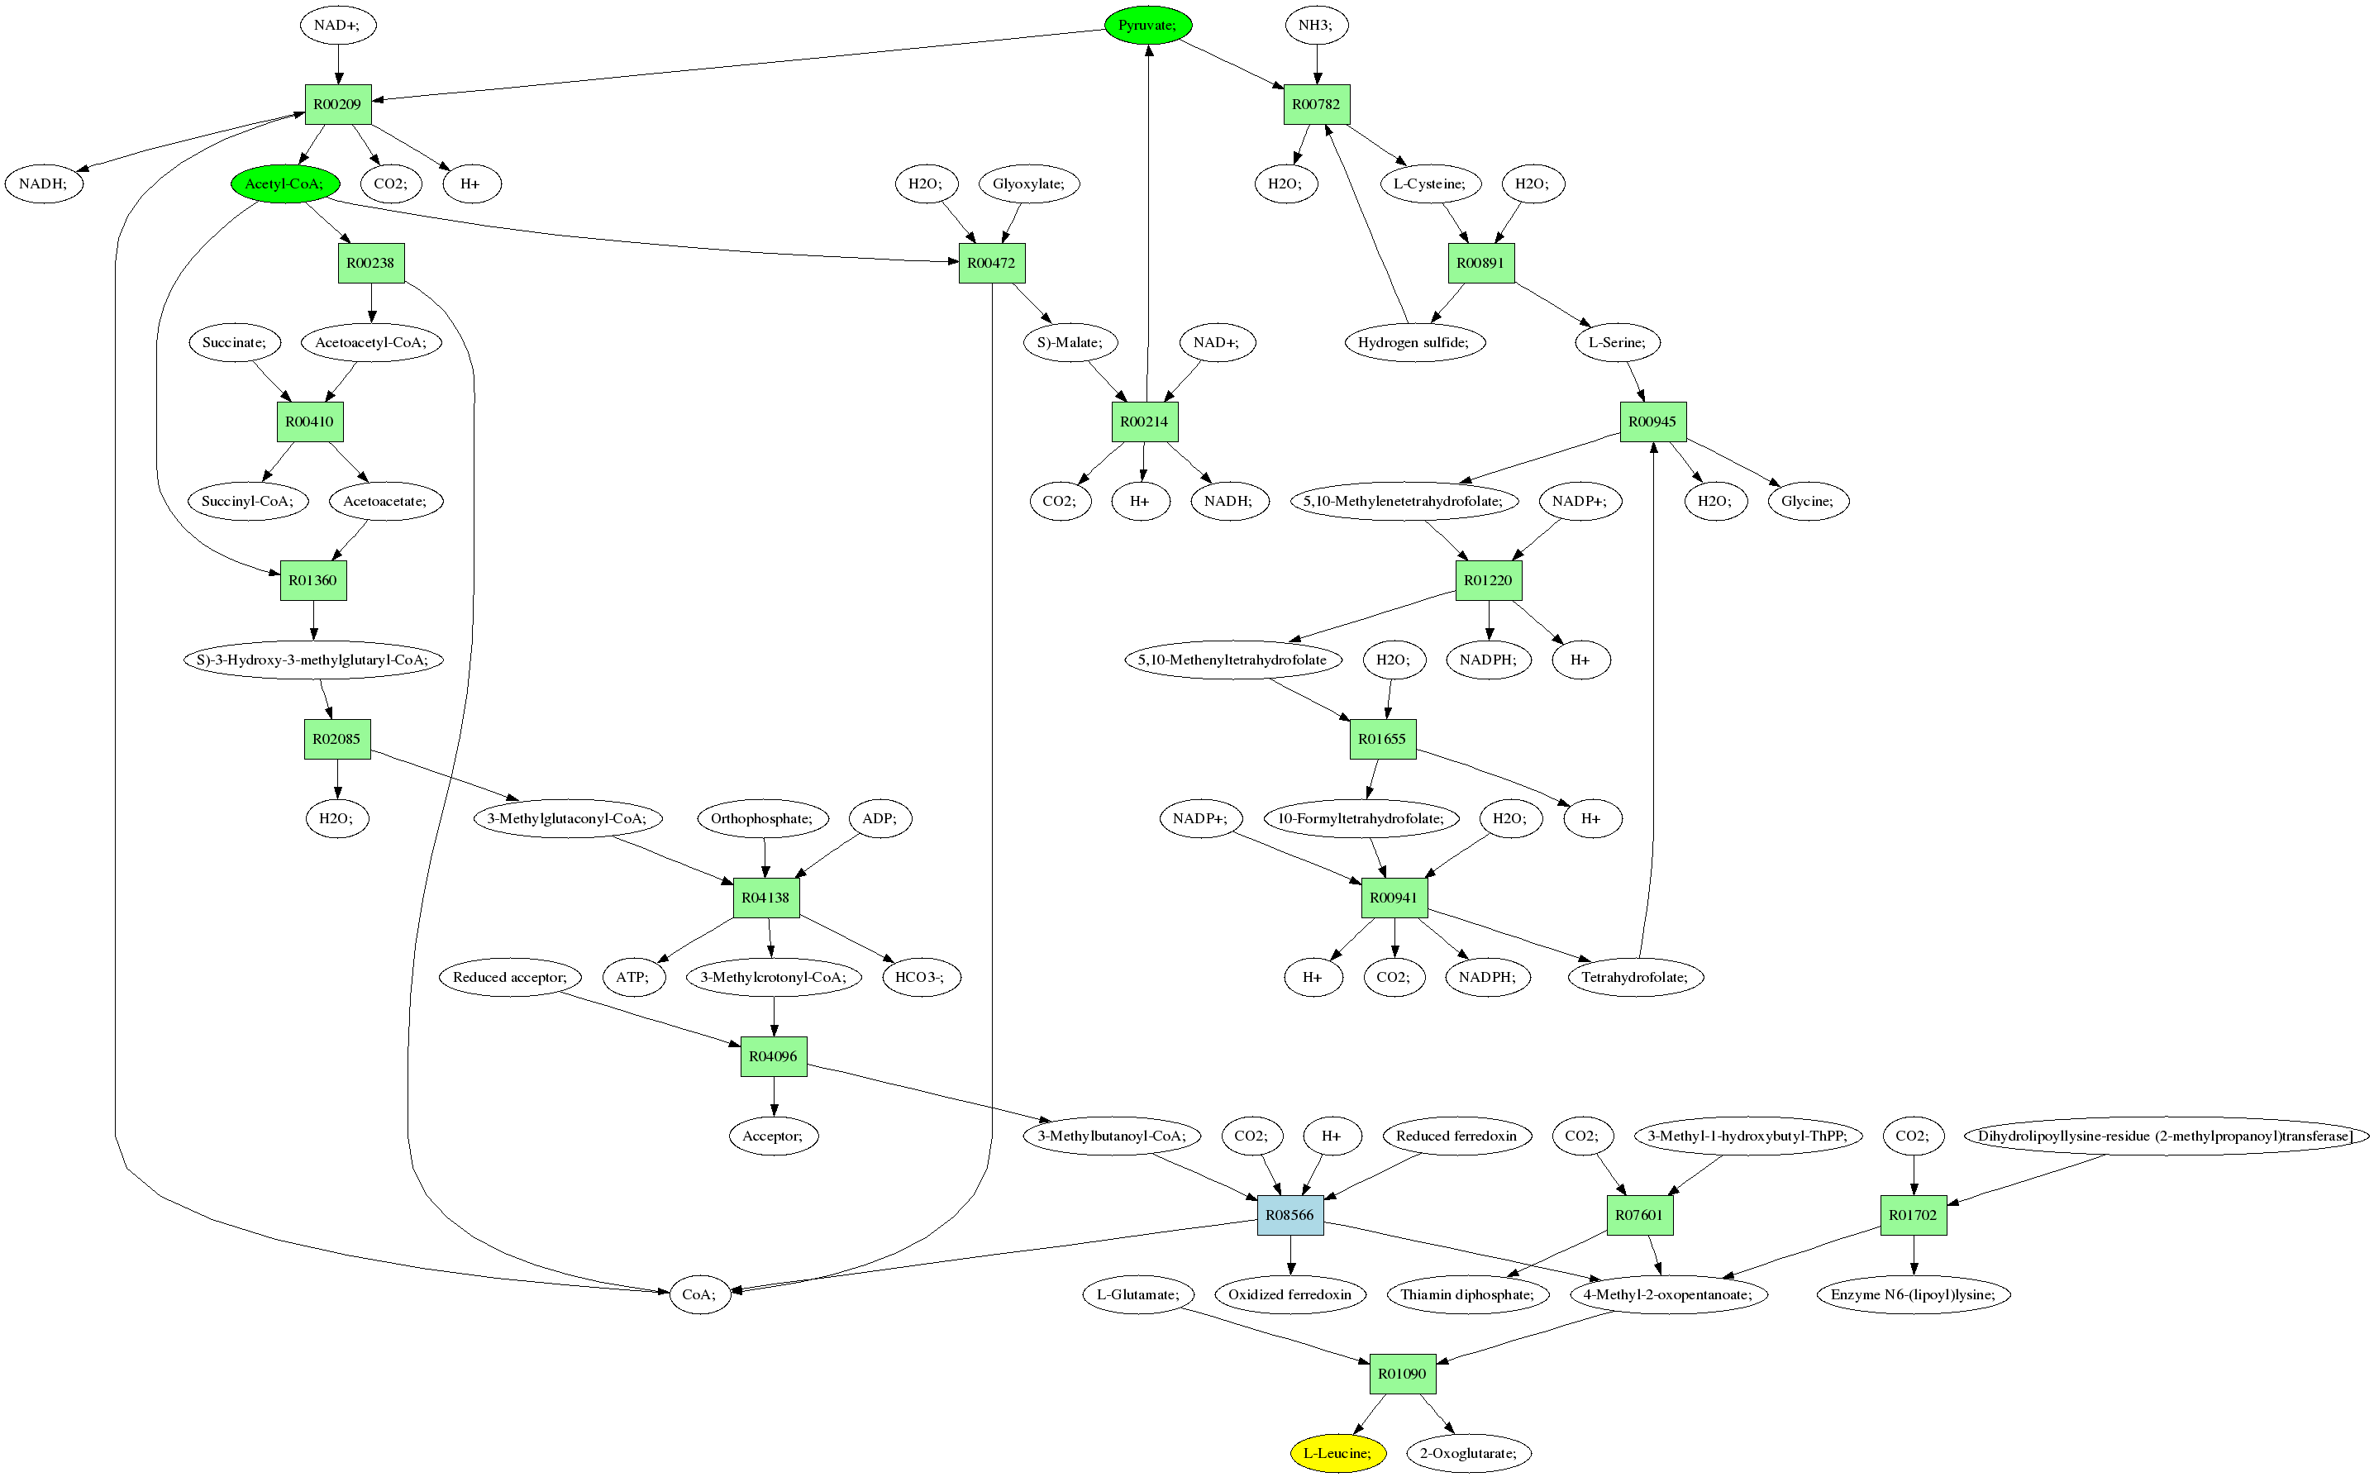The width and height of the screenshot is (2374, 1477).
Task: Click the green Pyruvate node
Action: point(1148,25)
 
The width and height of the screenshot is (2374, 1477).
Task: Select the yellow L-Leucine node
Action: point(1337,1452)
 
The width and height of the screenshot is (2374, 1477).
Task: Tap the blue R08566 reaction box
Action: point(1289,1214)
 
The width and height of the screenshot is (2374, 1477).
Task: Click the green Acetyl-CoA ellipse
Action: point(284,183)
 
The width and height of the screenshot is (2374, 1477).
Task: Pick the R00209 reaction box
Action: point(338,104)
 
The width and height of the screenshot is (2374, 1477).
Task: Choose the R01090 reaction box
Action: point(1402,1374)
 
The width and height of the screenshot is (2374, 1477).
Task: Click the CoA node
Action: point(699,1294)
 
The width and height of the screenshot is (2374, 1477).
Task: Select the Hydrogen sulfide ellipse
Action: point(1413,342)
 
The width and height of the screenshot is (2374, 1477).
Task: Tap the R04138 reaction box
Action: point(766,898)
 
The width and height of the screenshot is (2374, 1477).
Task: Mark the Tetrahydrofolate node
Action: point(1635,977)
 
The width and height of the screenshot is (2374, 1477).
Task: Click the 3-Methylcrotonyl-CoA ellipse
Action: point(774,977)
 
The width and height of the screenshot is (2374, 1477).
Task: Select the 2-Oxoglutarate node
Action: point(1468,1452)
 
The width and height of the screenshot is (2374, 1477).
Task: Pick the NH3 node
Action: point(1316,25)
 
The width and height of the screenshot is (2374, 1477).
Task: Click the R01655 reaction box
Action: point(1382,739)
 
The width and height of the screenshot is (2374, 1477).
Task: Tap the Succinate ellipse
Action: point(235,342)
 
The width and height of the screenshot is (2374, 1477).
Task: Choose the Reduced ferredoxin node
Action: point(1456,1135)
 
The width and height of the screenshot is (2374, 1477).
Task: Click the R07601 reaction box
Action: point(1639,1214)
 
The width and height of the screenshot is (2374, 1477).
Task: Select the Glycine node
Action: point(1808,501)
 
